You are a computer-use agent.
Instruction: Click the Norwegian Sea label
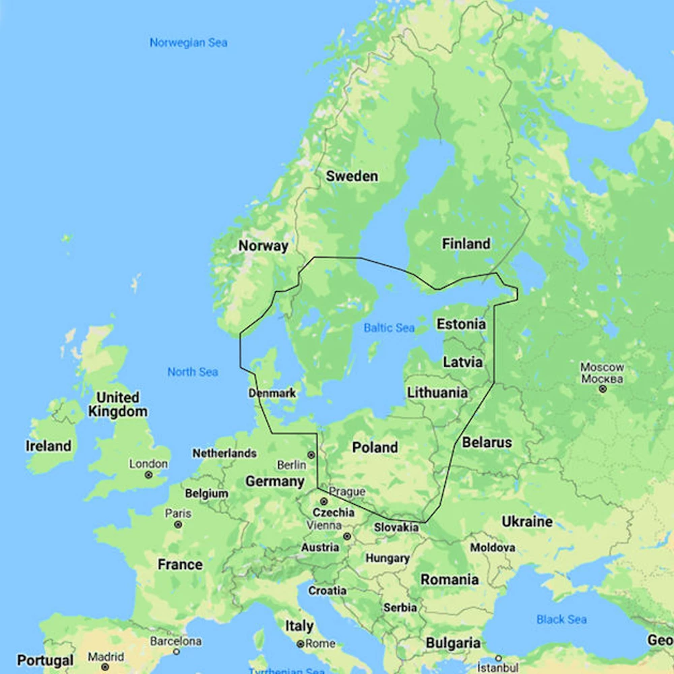188,42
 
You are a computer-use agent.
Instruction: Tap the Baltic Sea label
389,328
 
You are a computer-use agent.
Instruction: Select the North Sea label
193,372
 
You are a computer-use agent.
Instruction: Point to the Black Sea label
561,619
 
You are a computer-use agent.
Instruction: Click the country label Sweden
352,177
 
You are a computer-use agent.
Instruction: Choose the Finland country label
466,244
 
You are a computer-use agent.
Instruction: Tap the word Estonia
461,324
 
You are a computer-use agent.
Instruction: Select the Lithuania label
437,392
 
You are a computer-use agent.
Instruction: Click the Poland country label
375,448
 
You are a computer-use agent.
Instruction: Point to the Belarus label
487,443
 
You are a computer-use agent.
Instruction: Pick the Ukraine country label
526,522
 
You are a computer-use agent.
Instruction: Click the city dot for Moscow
603,389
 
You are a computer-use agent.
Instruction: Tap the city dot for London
148,475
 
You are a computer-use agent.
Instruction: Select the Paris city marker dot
178,524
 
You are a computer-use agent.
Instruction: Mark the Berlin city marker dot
311,455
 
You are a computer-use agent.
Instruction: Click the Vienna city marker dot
347,537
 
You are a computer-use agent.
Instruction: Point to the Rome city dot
300,644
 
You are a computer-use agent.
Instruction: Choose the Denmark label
272,393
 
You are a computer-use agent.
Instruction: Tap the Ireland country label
49,446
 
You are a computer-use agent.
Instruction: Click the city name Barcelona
175,641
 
